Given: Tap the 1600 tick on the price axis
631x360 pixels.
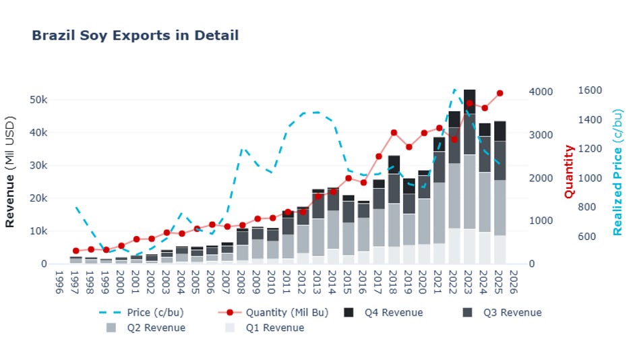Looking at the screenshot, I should [590, 91].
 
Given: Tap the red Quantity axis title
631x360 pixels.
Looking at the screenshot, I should [569, 171].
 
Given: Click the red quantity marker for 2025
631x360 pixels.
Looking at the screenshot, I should [500, 93].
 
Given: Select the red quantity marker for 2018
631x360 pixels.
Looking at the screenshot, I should [394, 133].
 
